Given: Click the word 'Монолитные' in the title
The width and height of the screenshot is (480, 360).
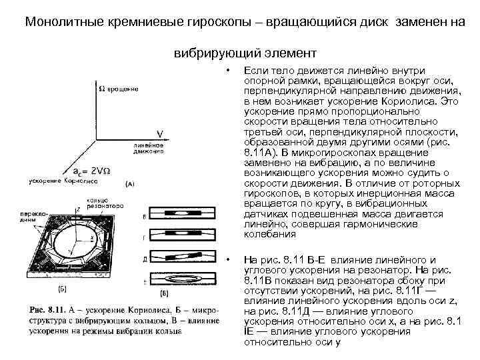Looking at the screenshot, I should pos(57,21).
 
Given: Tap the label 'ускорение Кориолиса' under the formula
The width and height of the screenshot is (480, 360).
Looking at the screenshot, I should pos(64,181).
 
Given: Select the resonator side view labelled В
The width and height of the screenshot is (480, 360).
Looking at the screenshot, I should pos(182,215).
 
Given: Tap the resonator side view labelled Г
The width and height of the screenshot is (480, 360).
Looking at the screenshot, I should pos(182,235).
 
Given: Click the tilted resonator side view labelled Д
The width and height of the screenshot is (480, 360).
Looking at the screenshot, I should pos(182,257).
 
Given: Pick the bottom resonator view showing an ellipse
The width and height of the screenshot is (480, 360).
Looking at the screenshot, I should pos(182,279).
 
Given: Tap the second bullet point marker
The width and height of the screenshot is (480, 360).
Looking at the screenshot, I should pos(227,259).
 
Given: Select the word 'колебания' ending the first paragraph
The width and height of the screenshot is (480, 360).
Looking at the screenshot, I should pos(269,234).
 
